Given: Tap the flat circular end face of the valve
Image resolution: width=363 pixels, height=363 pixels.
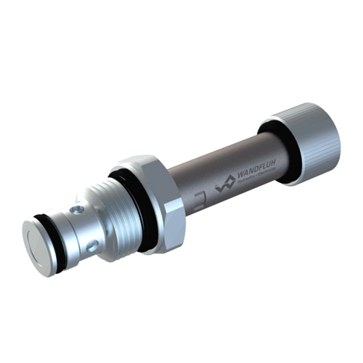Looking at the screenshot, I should coord(37,246).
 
